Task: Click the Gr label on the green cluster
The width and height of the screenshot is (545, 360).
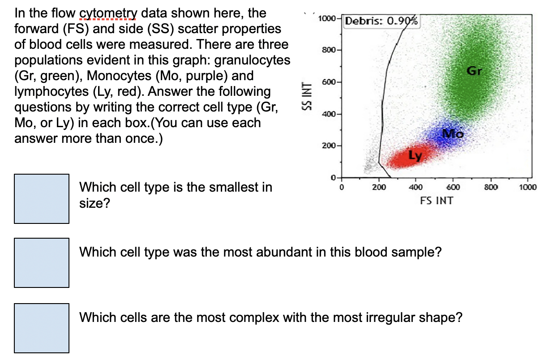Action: point(474,71)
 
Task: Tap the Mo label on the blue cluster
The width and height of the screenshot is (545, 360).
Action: point(453,133)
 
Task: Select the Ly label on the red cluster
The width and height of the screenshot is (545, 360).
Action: point(415,155)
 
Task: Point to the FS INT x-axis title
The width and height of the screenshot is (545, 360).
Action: point(436,201)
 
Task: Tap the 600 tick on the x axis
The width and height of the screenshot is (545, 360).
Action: point(453,187)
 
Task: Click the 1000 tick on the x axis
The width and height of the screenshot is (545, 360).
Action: point(528,187)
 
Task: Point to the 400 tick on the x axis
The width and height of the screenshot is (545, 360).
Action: point(415,187)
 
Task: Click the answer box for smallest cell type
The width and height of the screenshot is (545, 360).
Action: point(42,198)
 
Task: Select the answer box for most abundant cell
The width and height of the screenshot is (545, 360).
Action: point(42,262)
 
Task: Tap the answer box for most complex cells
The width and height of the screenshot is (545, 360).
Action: point(42,327)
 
